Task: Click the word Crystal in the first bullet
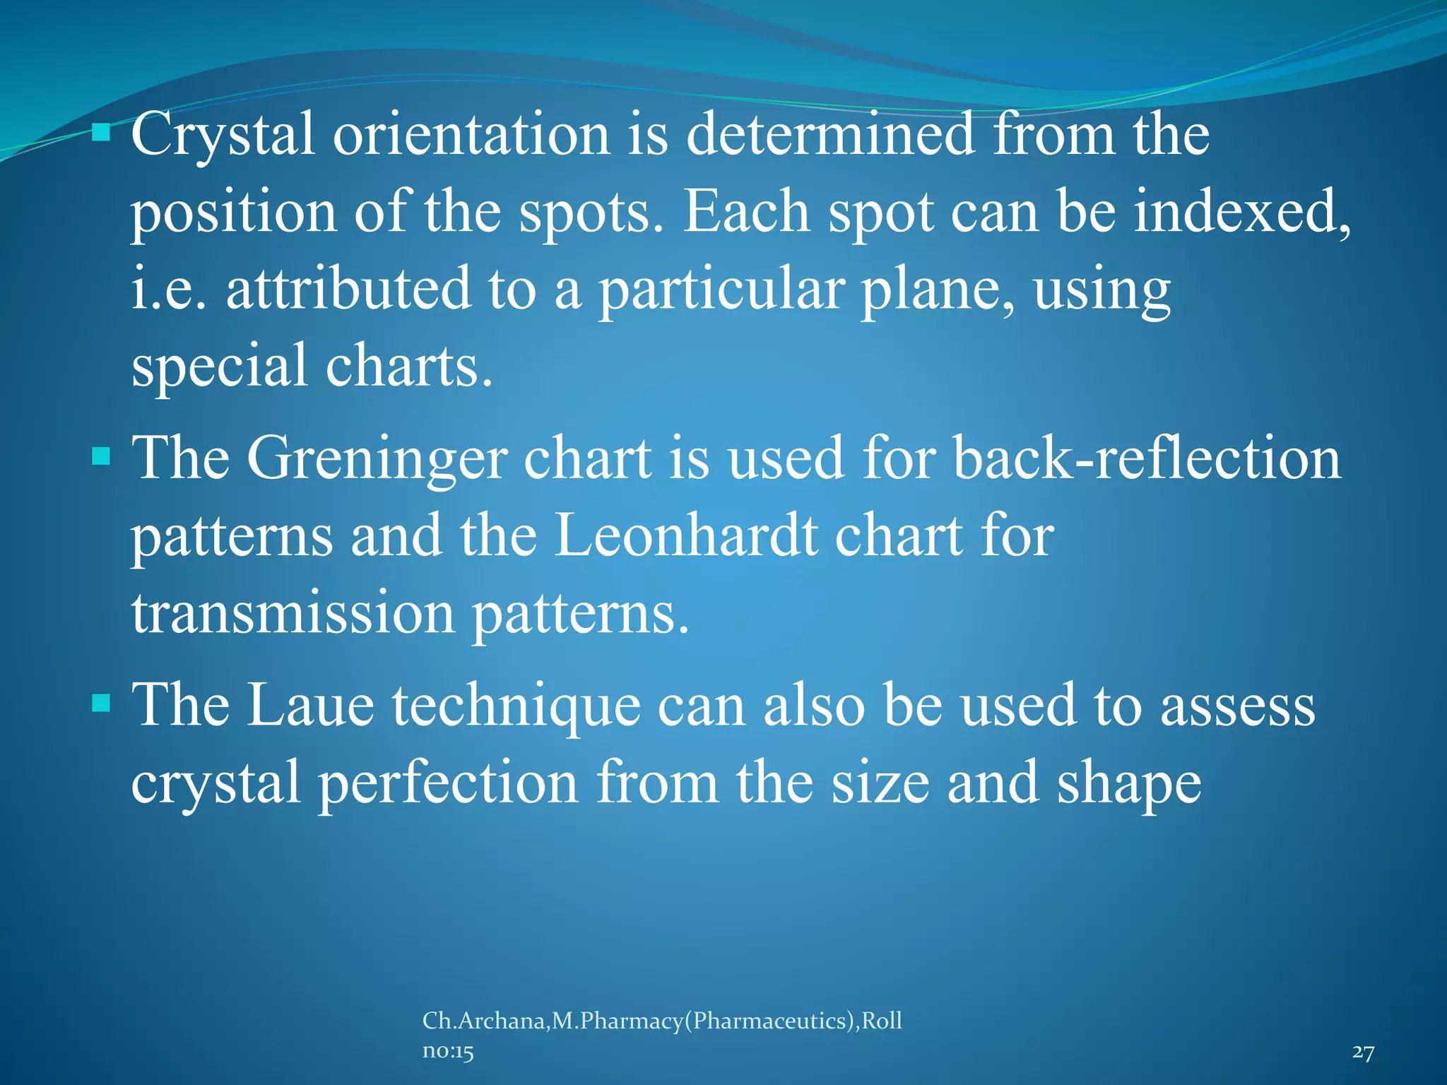222,136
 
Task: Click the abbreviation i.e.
168,289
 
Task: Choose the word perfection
449,784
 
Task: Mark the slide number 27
1363,1053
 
